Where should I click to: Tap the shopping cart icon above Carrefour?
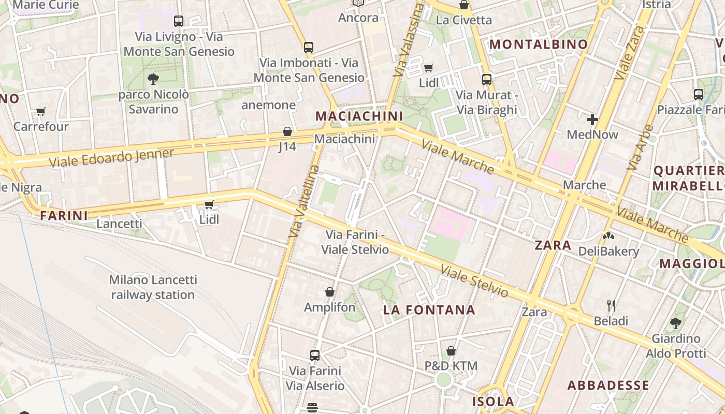[x=40, y=111]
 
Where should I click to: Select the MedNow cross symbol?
[x=592, y=120]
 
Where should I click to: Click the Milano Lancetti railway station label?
[x=153, y=287]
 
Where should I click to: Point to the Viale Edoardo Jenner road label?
[x=111, y=158]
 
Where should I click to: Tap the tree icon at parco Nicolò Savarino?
[x=153, y=79]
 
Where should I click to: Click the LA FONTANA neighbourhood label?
[x=429, y=310]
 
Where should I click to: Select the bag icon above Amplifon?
[x=329, y=292]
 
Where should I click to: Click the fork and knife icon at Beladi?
[x=611, y=305]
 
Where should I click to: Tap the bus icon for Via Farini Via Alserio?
[x=314, y=356]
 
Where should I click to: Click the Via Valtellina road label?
[x=303, y=202]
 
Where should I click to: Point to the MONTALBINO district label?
[x=539, y=45]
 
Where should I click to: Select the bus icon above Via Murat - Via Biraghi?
[x=486, y=79]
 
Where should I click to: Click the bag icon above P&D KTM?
[x=451, y=351]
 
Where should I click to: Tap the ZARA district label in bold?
[x=553, y=245]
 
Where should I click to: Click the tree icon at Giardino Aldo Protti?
[x=675, y=323]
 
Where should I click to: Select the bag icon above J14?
[x=287, y=131]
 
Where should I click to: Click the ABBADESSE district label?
[x=608, y=386]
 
